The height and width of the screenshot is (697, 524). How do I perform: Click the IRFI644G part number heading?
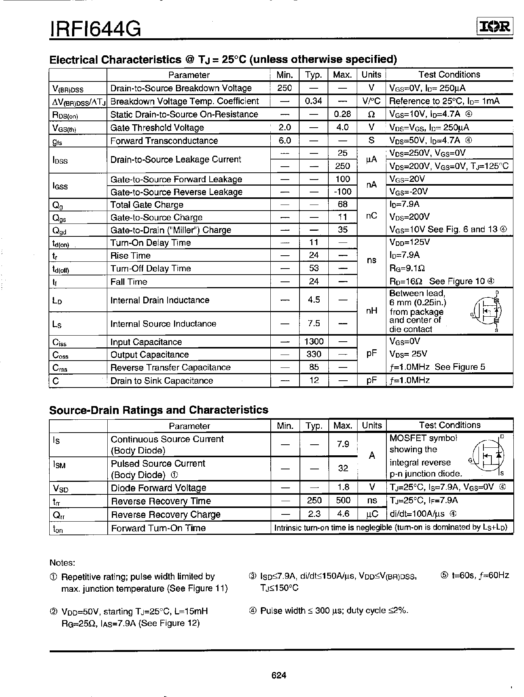95,29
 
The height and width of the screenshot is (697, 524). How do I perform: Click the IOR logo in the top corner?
494,27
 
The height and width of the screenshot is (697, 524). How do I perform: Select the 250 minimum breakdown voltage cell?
284,88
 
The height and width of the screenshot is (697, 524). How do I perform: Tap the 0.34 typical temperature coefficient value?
314,101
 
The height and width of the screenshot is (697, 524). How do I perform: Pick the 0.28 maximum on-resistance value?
342,114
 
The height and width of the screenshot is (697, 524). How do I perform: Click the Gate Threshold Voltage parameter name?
157,128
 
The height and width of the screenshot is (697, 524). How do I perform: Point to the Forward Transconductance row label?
164,141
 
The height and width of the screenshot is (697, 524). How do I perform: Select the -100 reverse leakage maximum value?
342,192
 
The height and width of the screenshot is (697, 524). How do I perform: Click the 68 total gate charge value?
342,205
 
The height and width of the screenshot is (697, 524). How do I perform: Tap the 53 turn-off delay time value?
314,268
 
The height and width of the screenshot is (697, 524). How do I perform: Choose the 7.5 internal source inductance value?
314,323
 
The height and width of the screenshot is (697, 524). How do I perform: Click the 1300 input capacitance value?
314,342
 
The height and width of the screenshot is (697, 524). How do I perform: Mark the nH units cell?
372,311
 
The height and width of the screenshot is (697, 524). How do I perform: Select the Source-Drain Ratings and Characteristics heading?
159,410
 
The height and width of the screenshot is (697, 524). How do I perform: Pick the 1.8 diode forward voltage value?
343,487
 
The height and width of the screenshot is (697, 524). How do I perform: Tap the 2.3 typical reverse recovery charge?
314,514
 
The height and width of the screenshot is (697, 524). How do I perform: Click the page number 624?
279,675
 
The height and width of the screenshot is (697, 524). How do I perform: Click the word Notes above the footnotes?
62,563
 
